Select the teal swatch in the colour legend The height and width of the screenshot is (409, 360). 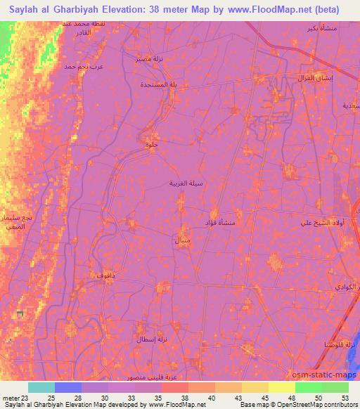[x=41, y=387]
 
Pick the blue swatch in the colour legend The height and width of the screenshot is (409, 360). [x=68, y=387]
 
